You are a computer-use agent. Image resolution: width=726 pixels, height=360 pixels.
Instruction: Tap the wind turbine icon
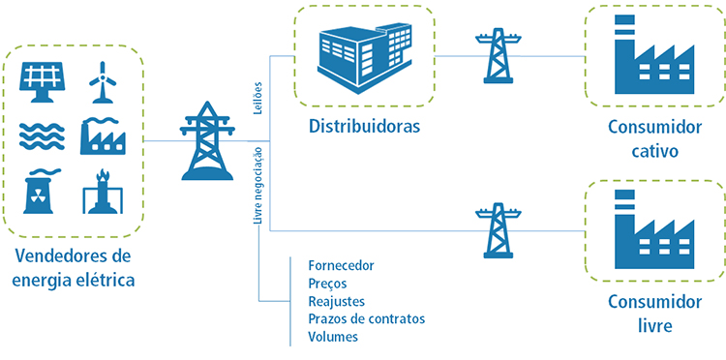coord(101,81)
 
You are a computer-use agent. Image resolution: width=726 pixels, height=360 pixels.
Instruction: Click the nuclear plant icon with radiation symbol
coord(41,192)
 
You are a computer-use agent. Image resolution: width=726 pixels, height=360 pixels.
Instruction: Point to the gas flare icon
coord(101,192)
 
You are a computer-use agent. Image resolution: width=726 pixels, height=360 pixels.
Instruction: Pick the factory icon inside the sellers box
coord(101,135)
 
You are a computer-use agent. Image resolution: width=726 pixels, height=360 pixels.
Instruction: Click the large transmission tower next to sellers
coord(207,143)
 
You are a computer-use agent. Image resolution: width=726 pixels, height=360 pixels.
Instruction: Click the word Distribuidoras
coord(365,126)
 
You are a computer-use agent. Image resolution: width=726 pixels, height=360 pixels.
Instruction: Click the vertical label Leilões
coord(257,99)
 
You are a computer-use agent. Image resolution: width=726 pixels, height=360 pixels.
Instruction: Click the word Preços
coord(326,284)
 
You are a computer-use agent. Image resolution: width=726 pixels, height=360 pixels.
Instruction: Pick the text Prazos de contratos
coord(366,318)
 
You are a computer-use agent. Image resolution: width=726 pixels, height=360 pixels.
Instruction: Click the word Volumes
coord(332,337)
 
